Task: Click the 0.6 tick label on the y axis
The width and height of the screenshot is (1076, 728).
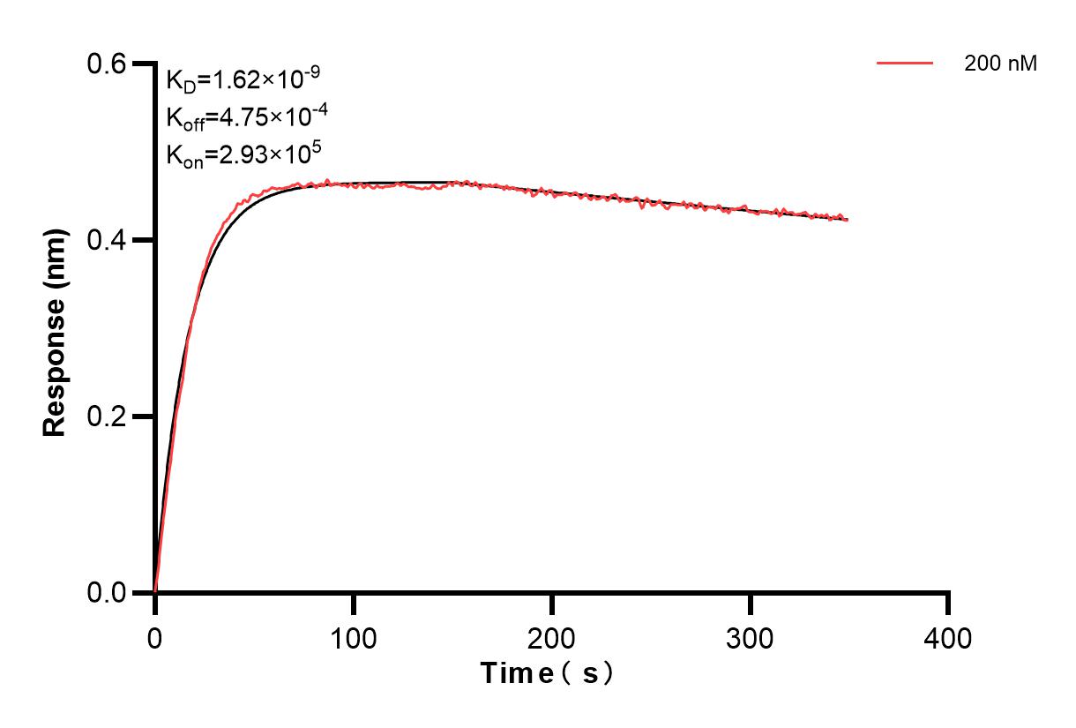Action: point(106,64)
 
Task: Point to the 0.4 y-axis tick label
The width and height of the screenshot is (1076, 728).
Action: point(106,240)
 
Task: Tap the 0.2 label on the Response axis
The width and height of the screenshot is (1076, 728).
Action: point(106,417)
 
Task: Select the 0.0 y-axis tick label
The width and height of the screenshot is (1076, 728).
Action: point(106,592)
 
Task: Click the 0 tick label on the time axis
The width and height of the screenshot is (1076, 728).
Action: point(155,637)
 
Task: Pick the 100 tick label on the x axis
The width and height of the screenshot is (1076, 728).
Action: point(353,637)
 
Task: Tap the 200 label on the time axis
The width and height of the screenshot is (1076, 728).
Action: point(551,637)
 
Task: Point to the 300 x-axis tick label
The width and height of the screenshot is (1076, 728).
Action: point(750,637)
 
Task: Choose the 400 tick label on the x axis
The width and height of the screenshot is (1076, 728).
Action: point(948,637)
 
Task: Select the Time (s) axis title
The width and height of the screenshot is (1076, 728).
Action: point(547,674)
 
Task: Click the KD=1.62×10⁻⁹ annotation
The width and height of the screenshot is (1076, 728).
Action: point(243,80)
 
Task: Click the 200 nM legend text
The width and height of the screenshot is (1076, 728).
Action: point(1001,64)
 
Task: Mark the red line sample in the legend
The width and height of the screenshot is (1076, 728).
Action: point(905,64)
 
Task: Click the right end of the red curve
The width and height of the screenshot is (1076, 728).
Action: point(848,220)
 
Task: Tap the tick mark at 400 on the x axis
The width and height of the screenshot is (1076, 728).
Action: point(948,603)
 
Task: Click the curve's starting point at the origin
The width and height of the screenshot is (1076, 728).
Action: point(155,591)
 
